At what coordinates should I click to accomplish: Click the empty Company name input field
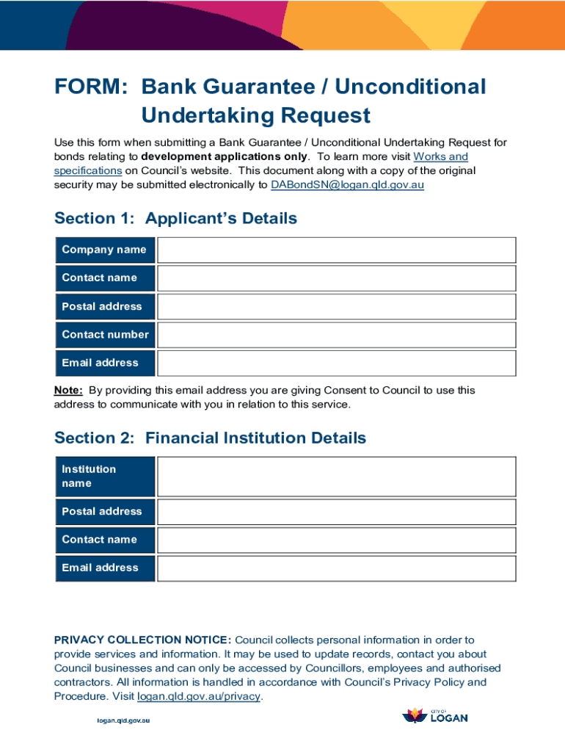[336, 250]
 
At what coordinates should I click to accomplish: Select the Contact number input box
[336, 335]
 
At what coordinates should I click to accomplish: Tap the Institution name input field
[336, 477]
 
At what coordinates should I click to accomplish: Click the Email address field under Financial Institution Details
[336, 568]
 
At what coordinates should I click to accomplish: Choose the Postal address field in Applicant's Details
[336, 306]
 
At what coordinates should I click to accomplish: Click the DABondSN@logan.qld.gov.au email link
[347, 185]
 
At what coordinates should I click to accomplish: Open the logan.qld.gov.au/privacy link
[199, 696]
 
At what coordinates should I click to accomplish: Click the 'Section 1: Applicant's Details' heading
[175, 218]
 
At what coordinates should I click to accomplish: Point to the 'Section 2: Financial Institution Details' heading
[210, 438]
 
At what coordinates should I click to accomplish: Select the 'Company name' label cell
[105, 250]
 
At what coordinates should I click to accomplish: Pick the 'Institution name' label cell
[105, 477]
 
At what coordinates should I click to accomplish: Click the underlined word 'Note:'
[68, 391]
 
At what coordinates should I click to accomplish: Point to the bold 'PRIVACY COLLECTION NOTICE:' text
[142, 640]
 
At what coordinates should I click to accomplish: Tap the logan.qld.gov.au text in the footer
[124, 720]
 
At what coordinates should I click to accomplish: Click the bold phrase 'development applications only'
[225, 156]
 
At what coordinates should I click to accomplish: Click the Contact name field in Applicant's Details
[336, 278]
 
